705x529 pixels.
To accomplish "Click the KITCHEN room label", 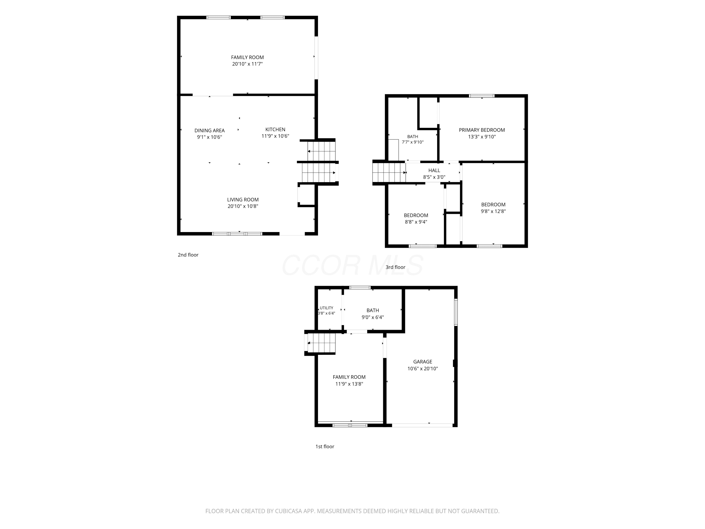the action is (275, 130).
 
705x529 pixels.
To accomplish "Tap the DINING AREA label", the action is (209, 130).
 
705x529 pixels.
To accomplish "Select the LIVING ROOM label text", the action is (243, 200).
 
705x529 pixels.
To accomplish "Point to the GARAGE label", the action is (423, 362).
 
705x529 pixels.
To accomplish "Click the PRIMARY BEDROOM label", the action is (482, 130).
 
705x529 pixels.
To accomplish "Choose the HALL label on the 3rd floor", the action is (434, 171).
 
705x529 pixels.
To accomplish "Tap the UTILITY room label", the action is (326, 308).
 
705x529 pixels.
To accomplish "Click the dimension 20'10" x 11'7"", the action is (247, 64).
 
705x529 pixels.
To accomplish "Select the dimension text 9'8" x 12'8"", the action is (493, 211).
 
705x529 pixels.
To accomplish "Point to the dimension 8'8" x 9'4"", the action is (416, 222).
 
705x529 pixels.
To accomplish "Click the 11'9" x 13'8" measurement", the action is (349, 384).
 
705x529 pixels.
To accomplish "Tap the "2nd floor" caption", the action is (188, 255).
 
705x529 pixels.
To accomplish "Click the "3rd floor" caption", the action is (395, 267).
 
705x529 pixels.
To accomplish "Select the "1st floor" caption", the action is (325, 446).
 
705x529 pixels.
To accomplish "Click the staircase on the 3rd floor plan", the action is (389, 173).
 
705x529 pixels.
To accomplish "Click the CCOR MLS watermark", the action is (352, 265).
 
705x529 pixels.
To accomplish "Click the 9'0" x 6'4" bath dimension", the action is (372, 317).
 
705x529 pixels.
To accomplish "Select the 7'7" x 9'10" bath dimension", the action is (413, 142).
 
